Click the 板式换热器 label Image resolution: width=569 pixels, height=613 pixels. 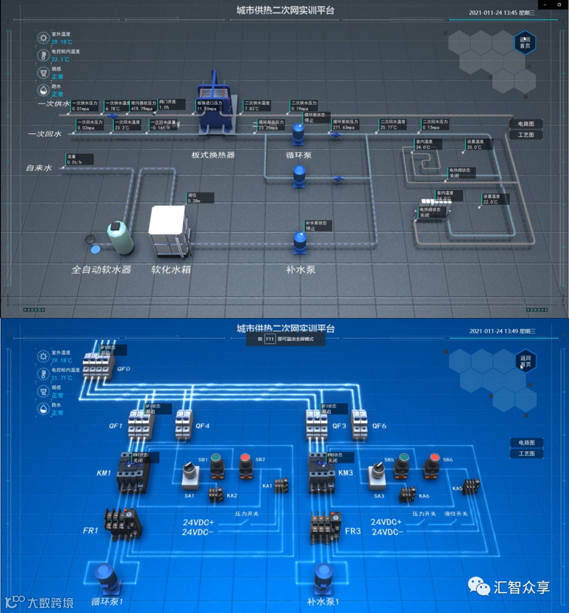tap(213, 155)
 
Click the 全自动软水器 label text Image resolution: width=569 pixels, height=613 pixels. tap(101, 270)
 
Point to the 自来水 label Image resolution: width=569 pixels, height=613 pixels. tap(39, 168)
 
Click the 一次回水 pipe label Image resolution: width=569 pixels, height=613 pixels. tap(45, 134)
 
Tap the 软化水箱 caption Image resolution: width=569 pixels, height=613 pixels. tap(171, 270)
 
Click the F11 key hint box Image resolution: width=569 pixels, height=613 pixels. tap(270, 339)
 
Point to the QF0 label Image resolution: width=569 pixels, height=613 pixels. tap(123, 369)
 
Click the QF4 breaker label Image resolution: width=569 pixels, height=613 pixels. tap(202, 426)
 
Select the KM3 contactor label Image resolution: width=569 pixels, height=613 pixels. tap(346, 473)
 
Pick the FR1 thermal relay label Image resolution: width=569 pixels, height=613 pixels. tap(91, 530)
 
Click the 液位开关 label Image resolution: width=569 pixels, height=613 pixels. tap(456, 513)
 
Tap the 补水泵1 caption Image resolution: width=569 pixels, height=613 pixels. tap(323, 601)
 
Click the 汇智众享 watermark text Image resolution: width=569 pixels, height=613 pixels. tap(522, 587)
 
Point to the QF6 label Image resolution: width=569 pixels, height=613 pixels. tap(379, 426)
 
